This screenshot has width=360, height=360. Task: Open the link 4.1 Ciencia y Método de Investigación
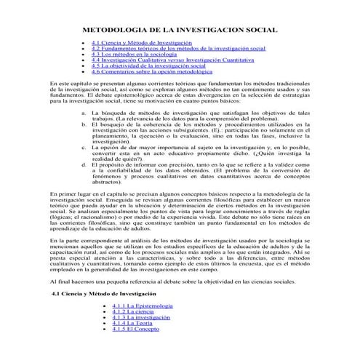point(135,44)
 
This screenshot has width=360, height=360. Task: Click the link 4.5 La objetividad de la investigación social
point(148,67)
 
